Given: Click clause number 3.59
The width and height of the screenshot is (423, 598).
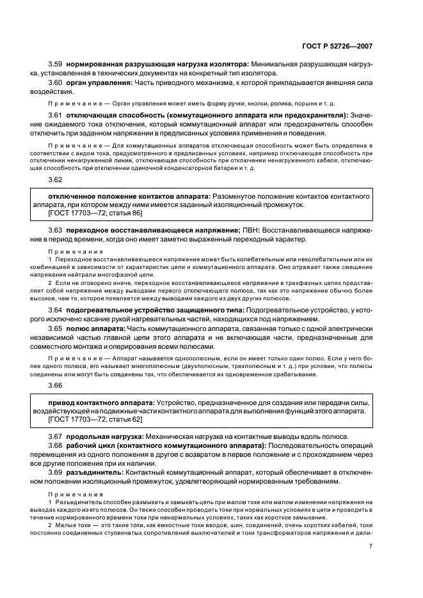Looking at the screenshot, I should click(x=56, y=65).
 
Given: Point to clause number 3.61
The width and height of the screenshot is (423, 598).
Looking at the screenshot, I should click(x=56, y=114).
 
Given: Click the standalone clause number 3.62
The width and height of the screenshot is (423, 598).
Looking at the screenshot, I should click(x=56, y=181).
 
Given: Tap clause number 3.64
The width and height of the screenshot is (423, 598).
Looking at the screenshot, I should click(x=56, y=310).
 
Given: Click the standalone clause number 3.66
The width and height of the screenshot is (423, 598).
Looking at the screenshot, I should click(x=56, y=386).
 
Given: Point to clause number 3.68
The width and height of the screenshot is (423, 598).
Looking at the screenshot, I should click(x=56, y=445).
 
